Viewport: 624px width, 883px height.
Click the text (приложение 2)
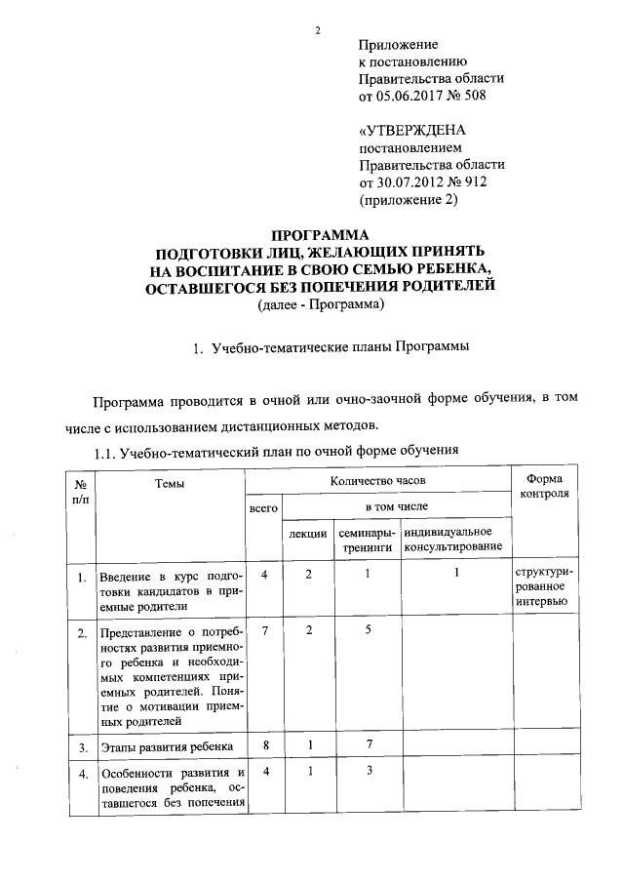coord(409,201)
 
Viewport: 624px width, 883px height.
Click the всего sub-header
coord(264,509)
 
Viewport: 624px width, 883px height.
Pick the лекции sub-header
coord(307,540)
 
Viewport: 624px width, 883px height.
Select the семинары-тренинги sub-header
coord(367,540)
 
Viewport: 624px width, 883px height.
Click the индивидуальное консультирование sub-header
coord(456,540)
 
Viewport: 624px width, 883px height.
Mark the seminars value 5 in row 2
coord(367,631)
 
